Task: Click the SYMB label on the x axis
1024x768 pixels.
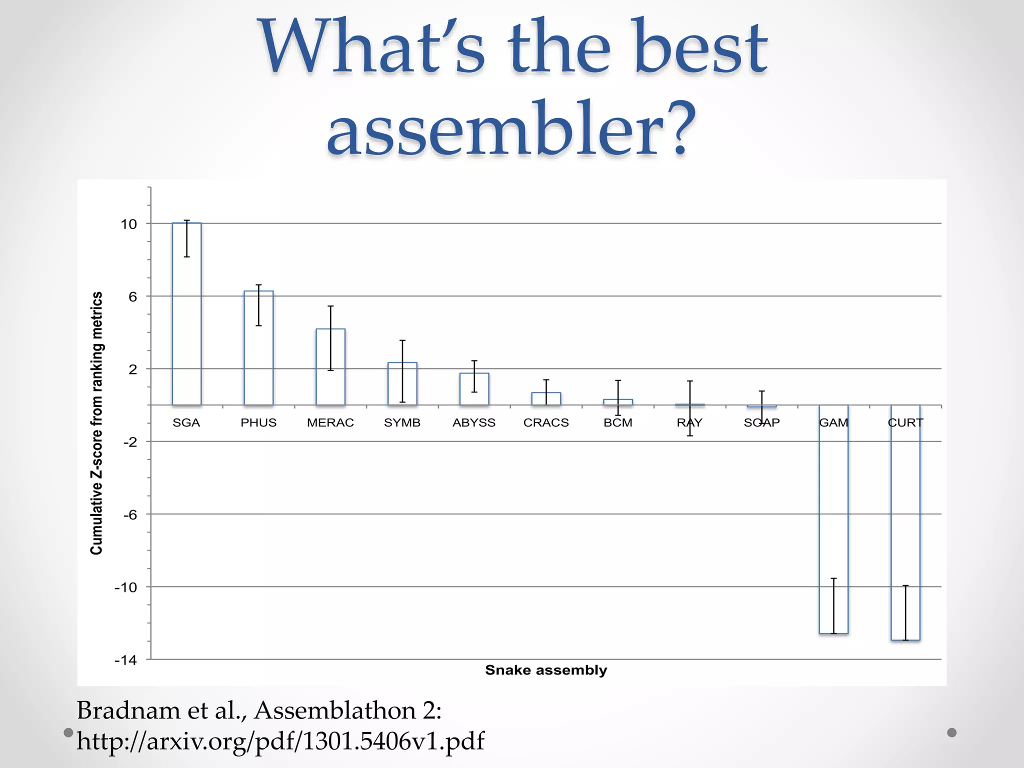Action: coord(402,423)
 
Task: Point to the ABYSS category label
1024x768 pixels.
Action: coord(474,423)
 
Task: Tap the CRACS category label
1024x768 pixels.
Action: coord(546,423)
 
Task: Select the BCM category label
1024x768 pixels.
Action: coord(618,423)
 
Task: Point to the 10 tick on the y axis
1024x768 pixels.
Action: coord(128,224)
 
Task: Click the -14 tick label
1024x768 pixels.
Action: coord(125,660)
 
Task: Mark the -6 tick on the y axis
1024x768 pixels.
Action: coord(129,515)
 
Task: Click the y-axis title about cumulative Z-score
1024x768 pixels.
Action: coord(96,423)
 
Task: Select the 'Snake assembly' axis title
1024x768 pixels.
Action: coord(546,670)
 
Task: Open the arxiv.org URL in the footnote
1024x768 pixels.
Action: coord(280,741)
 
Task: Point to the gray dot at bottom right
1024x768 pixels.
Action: coord(952,732)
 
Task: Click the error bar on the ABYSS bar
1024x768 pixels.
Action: coord(474,376)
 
